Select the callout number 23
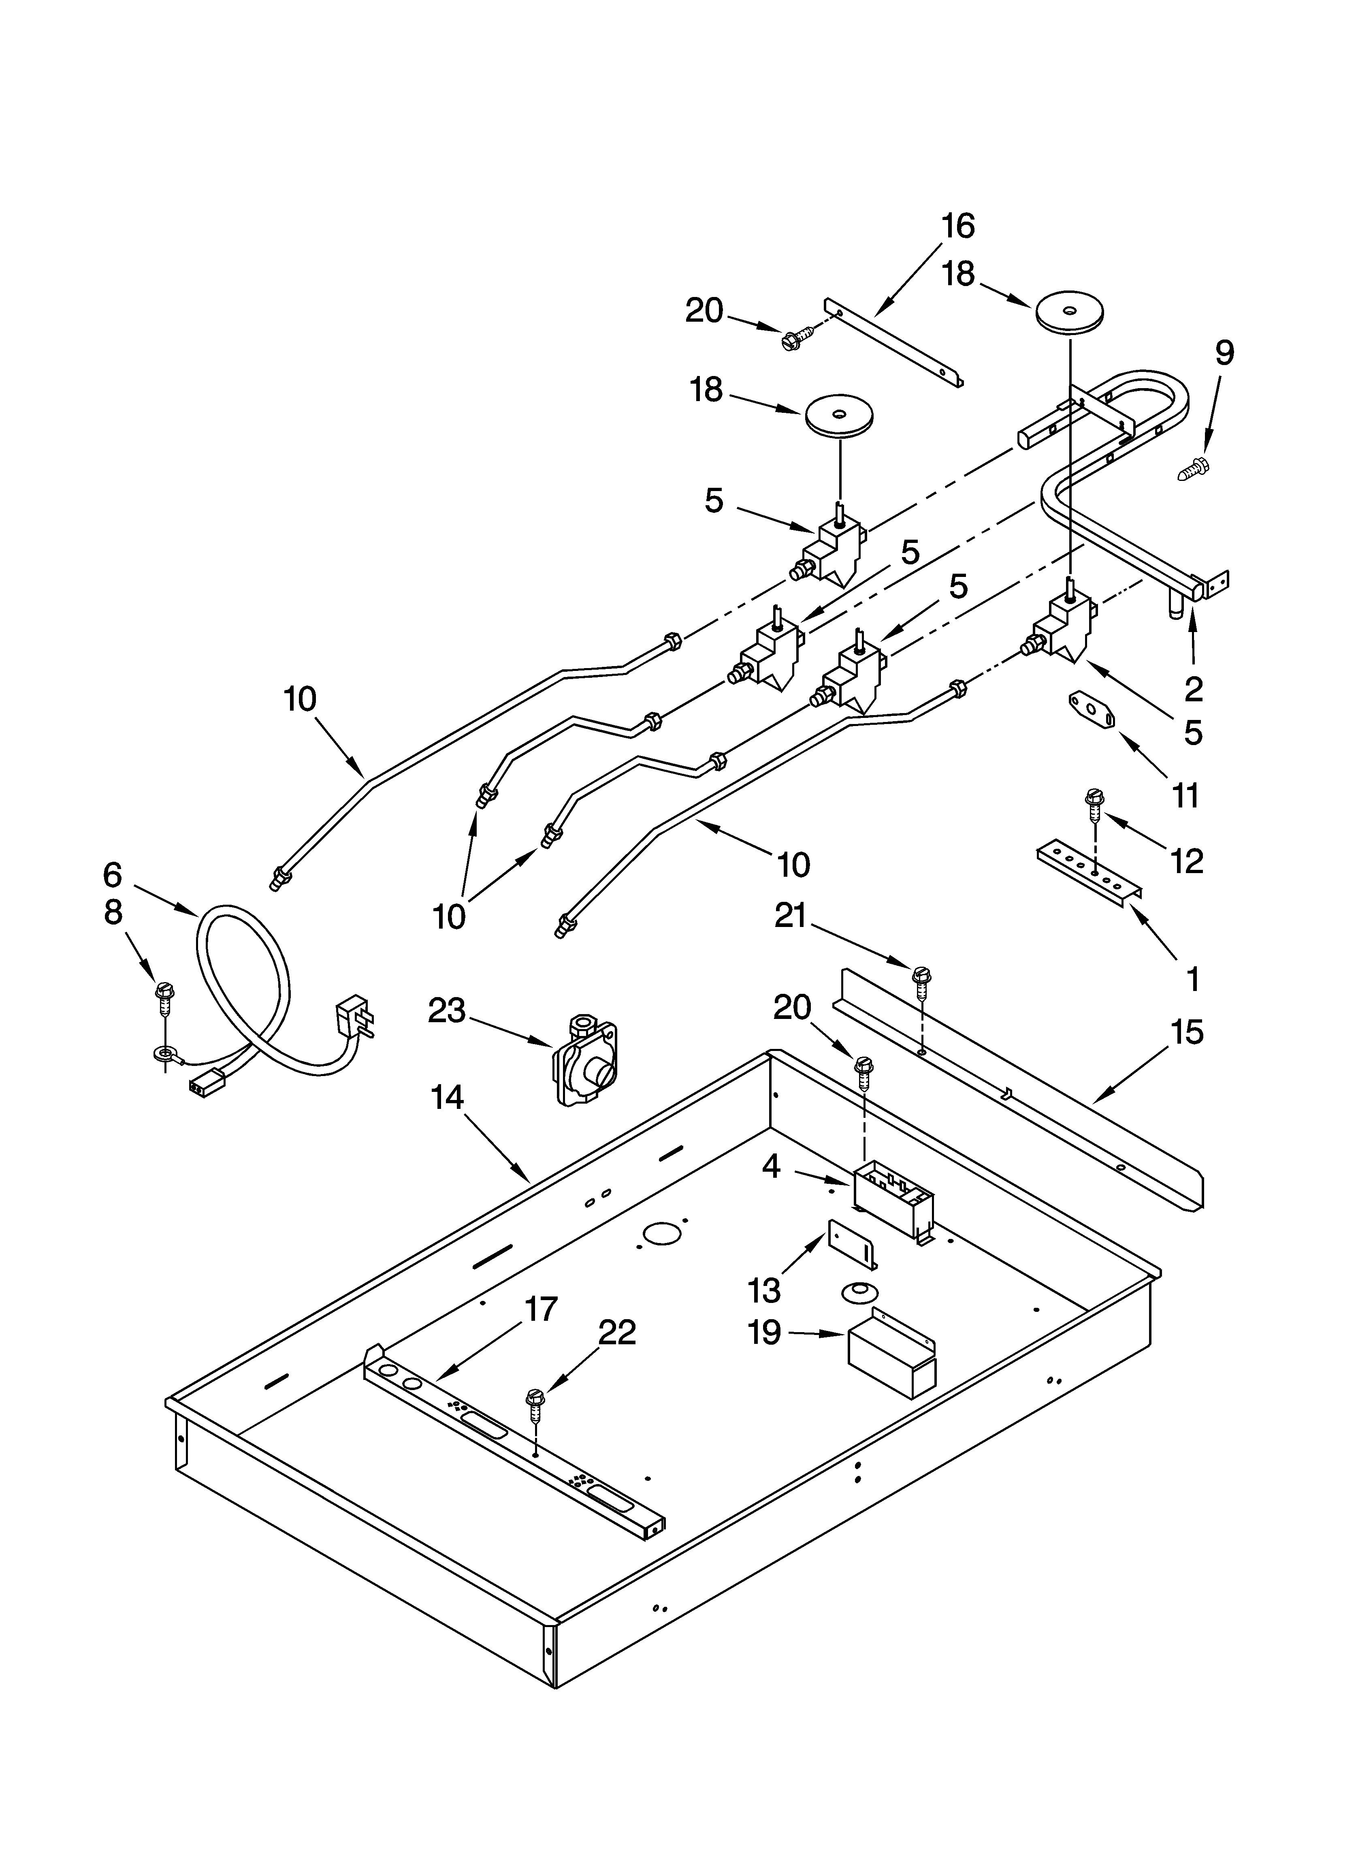[447, 1011]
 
